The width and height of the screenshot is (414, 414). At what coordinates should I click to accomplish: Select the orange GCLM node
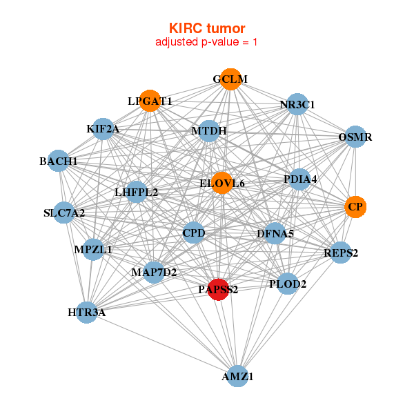[230, 79]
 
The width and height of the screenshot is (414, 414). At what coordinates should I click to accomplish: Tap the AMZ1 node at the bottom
[237, 376]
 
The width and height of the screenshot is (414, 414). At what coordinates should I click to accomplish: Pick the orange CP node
[355, 206]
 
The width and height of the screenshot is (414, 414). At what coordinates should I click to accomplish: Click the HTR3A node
[87, 313]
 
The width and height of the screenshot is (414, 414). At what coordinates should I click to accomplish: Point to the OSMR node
[355, 137]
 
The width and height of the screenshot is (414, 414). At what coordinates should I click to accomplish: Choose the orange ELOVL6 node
[221, 183]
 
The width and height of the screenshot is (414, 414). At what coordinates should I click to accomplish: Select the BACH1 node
[59, 161]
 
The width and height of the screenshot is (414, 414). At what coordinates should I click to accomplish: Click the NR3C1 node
[297, 105]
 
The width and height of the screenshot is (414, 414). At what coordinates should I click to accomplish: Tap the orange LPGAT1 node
[150, 101]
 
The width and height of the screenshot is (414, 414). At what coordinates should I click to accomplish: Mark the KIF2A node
[103, 129]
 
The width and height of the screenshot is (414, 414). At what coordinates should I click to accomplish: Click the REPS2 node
[341, 253]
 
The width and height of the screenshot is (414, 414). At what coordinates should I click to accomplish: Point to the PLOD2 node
[288, 283]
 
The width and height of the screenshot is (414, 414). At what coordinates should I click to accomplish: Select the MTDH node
[208, 131]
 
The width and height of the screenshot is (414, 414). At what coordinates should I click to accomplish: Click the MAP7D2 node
[154, 273]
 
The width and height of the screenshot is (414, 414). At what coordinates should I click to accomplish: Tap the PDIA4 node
[299, 179]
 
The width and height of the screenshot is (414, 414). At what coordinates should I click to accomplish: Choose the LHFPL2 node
[137, 192]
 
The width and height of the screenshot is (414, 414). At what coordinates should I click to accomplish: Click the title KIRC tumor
[207, 28]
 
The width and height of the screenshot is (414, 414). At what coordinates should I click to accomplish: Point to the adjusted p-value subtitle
[207, 42]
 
